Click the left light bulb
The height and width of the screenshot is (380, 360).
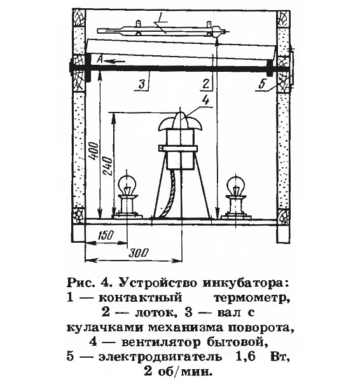coord(127,185)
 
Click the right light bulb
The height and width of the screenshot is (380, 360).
coord(235,185)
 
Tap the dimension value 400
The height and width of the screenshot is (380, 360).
coord(94,151)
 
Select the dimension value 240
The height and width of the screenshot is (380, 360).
coord(107,166)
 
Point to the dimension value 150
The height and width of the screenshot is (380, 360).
coord(106,235)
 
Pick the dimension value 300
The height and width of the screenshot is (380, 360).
coord(138,254)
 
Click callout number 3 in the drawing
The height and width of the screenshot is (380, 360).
coord(142,84)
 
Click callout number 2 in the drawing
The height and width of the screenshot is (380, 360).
coord(205,84)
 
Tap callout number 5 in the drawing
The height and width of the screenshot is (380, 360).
coord(262,84)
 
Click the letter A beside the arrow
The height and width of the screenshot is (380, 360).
coord(99,59)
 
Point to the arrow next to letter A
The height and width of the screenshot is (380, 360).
coord(114,61)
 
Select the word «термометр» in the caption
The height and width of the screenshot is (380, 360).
coord(252,298)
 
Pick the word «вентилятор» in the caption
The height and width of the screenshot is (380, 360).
coord(161,343)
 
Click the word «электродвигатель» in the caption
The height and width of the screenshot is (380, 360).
coord(160,358)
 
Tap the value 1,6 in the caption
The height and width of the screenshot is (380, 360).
coord(247,357)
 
